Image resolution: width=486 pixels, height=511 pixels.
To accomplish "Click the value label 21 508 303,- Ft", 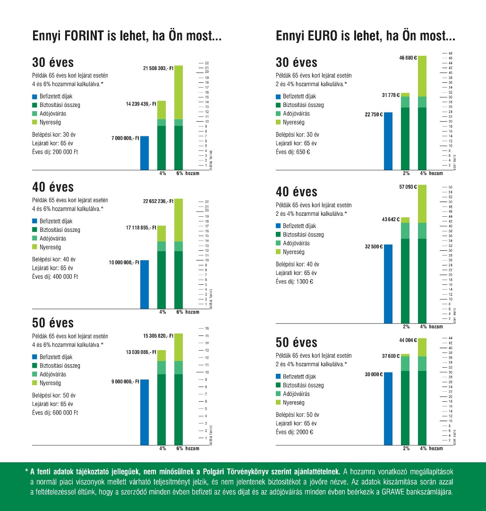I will (158, 69).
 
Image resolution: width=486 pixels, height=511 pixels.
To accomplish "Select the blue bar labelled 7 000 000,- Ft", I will (145, 152).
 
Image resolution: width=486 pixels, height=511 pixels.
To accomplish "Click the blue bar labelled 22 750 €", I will (388, 141).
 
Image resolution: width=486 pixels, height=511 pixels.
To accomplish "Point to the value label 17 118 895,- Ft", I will (138, 228).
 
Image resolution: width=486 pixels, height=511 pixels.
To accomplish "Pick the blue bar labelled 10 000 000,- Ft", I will (145, 284).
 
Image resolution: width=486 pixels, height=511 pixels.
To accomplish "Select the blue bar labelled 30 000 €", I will (388, 409).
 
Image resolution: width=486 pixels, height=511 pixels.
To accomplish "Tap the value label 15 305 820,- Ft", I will (158, 336).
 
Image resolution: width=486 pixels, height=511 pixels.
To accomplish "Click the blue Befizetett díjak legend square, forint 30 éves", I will (34, 96).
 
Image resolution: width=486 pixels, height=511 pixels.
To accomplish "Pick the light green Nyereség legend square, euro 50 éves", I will (278, 402).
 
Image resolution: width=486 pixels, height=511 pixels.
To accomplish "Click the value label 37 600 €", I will (391, 356).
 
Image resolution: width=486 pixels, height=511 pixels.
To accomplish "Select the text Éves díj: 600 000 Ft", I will (55, 413).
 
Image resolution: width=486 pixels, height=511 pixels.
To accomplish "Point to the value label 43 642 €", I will (391, 220).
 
